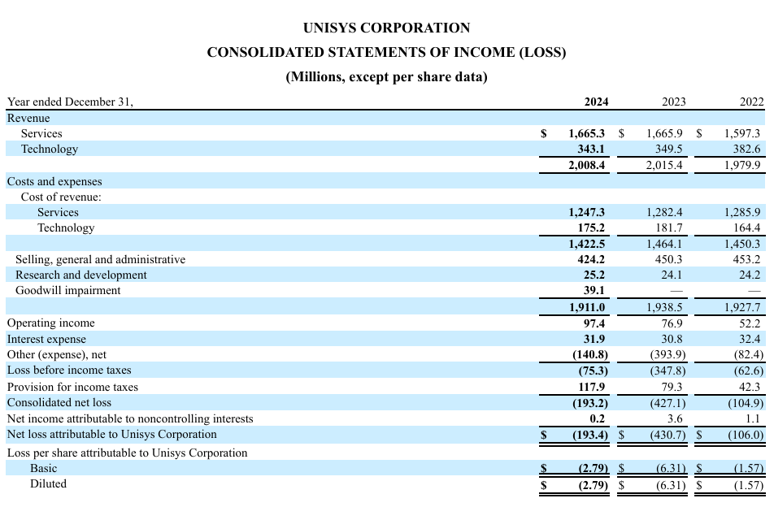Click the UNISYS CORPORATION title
pos(386,28)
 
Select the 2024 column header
pos(596,102)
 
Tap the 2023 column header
pos(674,102)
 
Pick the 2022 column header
pos(752,102)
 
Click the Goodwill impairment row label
pos(67,291)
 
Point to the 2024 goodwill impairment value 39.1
pos(594,291)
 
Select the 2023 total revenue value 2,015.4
pos(664,165)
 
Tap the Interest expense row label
pos(46,340)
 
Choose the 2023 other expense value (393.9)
pos(667,354)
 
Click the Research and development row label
pos(81,275)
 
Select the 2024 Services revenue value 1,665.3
pos(586,133)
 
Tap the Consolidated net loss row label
pos(59,402)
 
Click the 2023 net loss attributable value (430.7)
pos(667,435)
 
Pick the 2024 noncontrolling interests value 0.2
pos(598,418)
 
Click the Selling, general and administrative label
pos(100,259)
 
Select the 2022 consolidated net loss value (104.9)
pos(746,403)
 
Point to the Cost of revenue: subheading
pos(61,197)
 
